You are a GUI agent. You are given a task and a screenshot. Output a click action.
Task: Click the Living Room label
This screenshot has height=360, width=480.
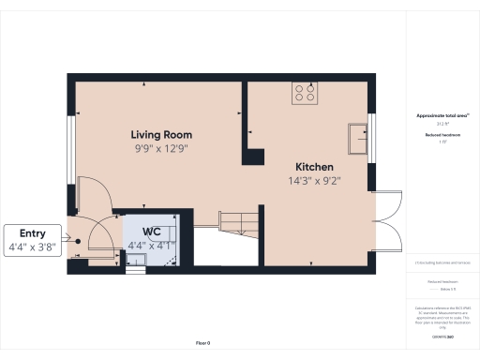click(x=161, y=135)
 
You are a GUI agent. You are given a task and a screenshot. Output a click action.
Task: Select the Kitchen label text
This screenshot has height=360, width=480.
click(x=313, y=166)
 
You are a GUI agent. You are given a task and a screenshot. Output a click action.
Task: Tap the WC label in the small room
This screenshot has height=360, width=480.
click(x=151, y=231)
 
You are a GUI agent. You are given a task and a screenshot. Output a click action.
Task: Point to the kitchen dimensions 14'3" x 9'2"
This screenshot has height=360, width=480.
click(x=313, y=180)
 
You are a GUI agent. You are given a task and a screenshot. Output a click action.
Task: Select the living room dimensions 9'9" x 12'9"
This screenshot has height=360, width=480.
click(x=161, y=148)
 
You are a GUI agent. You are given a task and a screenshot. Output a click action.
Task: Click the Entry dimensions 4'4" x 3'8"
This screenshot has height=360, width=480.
click(x=32, y=248)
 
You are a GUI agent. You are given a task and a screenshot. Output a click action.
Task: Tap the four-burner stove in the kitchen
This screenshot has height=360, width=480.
click(x=306, y=92)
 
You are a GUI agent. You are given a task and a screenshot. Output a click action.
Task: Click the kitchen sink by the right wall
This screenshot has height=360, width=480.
click(x=357, y=138)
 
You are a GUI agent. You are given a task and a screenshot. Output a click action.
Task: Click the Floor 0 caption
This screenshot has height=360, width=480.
click(x=203, y=344)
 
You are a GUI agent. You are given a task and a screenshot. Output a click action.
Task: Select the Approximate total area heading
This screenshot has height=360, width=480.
click(x=442, y=115)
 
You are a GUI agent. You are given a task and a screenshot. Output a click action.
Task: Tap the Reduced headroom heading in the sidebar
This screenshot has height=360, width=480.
click(x=442, y=135)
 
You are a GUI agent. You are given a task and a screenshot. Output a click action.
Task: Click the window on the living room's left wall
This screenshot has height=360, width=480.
click(x=70, y=142)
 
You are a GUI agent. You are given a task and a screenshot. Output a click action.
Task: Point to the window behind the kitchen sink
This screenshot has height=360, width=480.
click(x=371, y=138)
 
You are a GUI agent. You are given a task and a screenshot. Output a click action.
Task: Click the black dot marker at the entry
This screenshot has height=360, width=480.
click(x=80, y=241)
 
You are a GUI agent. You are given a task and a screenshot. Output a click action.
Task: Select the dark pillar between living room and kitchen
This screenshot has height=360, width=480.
click(x=251, y=154)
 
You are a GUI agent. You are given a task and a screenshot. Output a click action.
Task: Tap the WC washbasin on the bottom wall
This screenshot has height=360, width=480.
click(x=135, y=269)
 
